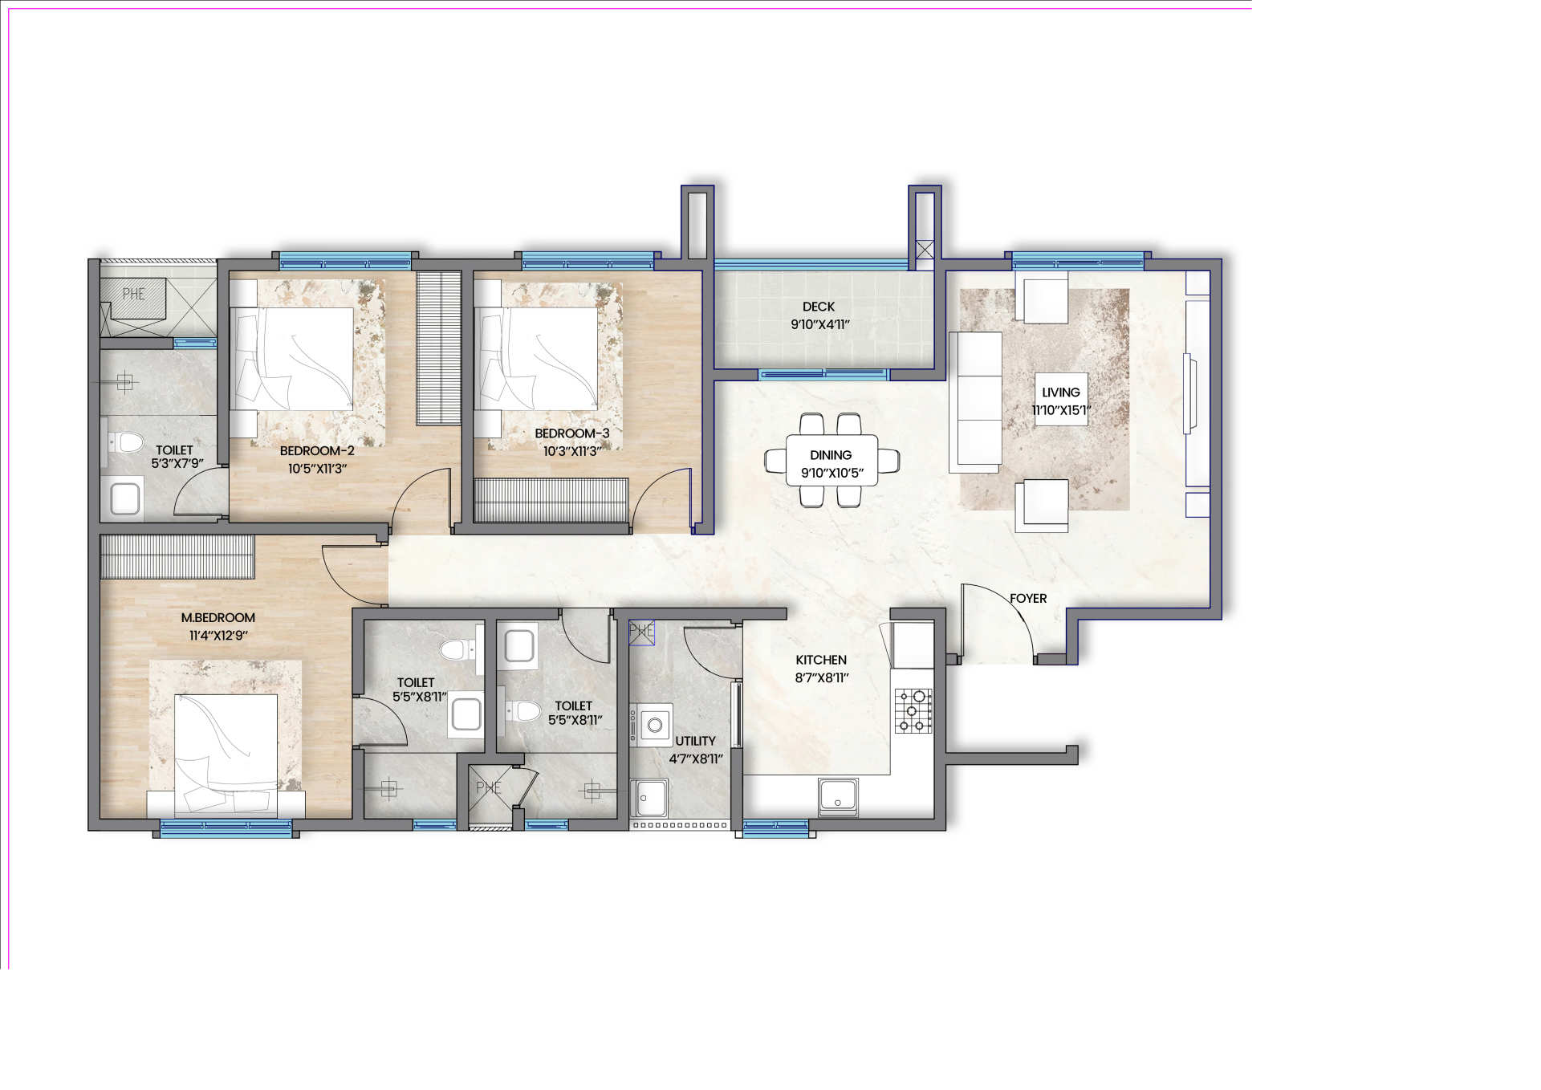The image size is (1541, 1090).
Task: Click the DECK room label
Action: tap(818, 307)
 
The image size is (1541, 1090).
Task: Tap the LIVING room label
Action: tap(1060, 392)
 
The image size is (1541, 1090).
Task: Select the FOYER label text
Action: tap(1028, 599)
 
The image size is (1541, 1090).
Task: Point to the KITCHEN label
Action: tap(821, 660)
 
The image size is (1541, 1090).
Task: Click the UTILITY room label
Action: tap(695, 741)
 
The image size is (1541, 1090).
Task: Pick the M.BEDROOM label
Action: tap(218, 618)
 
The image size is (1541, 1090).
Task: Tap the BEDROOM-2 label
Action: tap(317, 451)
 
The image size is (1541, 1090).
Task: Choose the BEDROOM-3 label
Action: tap(572, 433)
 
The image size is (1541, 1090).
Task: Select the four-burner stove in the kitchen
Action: tap(913, 710)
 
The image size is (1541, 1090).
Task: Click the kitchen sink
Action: tap(838, 796)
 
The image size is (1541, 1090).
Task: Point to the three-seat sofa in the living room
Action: tap(975, 402)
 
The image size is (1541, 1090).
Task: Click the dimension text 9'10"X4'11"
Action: tap(819, 325)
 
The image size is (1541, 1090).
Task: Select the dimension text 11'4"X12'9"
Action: tap(218, 636)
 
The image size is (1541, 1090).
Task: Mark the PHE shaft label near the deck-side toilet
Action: tap(133, 294)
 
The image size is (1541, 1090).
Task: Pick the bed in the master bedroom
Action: tap(226, 755)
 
